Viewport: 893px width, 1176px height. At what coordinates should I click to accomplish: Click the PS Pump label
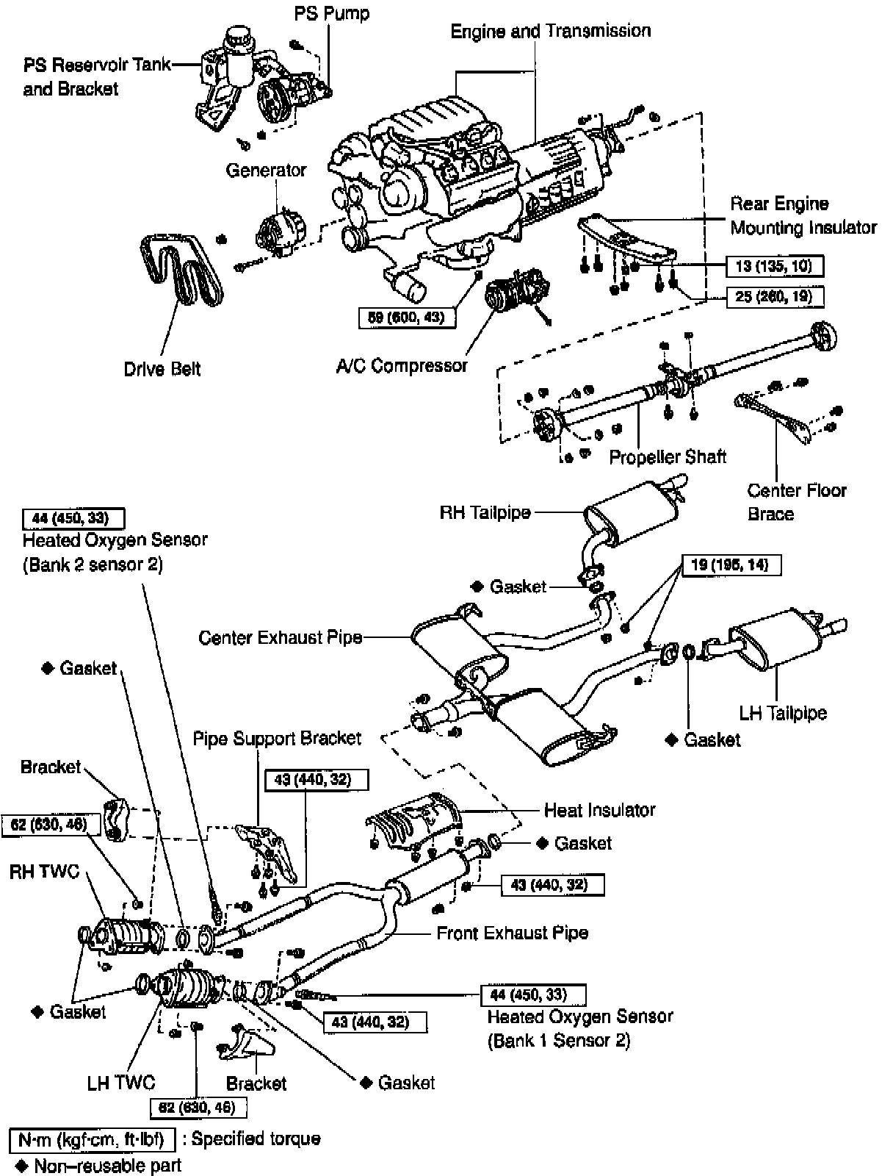pos(332,13)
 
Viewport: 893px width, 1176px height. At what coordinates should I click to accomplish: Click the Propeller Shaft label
pos(668,456)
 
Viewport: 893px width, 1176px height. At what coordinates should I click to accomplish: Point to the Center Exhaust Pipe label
pos(281,637)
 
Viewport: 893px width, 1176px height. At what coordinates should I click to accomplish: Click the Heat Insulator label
pos(599,810)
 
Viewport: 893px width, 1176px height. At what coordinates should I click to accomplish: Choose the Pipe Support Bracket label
pos(277,738)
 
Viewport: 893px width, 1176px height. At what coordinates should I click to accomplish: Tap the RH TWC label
pos(44,872)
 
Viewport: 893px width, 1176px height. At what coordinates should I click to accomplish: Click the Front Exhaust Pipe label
pos(512,933)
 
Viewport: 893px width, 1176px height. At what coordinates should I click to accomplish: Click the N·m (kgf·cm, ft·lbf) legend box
pos(92,1139)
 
